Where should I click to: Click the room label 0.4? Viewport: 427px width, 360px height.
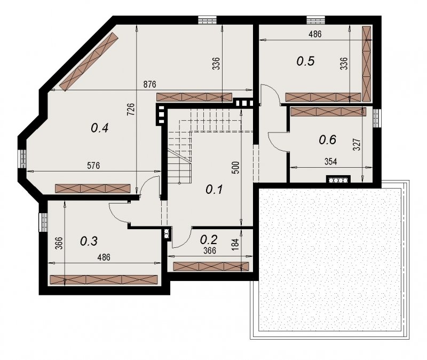[x=100, y=128]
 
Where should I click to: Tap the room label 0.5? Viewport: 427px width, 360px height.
[x=305, y=61]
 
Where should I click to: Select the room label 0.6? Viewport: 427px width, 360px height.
[x=328, y=140]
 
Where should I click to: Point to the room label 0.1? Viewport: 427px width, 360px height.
[x=215, y=189]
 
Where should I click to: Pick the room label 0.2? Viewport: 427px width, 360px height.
[x=209, y=239]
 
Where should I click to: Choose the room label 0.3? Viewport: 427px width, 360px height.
[x=89, y=241]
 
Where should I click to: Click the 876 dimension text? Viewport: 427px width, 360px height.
[x=150, y=84]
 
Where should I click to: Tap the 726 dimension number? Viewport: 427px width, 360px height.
[x=131, y=109]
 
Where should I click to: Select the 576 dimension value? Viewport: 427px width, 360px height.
[x=93, y=166]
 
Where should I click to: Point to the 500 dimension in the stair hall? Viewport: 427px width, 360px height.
[x=236, y=168]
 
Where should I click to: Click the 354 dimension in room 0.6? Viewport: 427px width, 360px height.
[x=330, y=162]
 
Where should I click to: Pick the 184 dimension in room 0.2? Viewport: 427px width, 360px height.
[x=236, y=245]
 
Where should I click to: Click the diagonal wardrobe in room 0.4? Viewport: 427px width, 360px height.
[x=89, y=61]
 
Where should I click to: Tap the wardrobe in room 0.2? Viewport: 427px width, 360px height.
[x=211, y=267]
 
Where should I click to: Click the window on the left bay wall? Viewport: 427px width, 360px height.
[x=22, y=159]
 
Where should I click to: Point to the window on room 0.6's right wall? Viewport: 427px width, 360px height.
[x=376, y=118]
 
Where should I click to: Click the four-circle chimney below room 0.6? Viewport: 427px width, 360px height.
[x=338, y=180]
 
